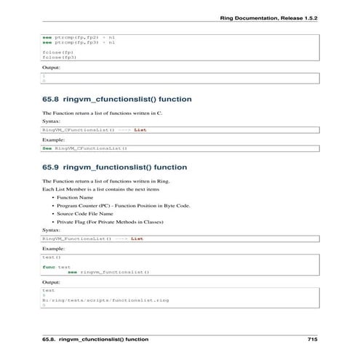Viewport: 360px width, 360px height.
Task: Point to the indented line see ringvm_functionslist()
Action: [113, 272]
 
